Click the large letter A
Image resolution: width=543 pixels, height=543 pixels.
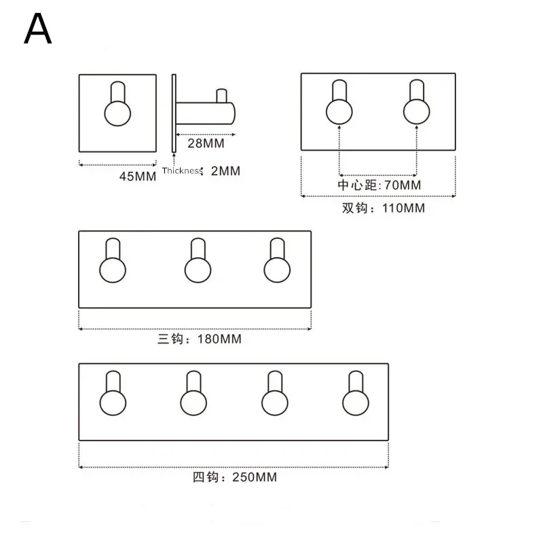pos(37,29)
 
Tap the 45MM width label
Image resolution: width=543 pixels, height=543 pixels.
pos(138,176)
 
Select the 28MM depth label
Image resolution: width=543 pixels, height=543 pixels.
pos(206,143)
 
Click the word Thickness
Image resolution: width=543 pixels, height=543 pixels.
pos(181,172)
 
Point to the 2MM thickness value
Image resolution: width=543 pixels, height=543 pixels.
pos(226,171)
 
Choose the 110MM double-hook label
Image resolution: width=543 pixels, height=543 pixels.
pos(383,208)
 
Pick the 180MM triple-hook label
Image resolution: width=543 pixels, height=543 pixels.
pos(200,339)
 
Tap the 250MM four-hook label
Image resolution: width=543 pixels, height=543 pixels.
pos(235,477)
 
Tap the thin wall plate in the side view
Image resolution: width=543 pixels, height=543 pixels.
pos(174,112)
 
